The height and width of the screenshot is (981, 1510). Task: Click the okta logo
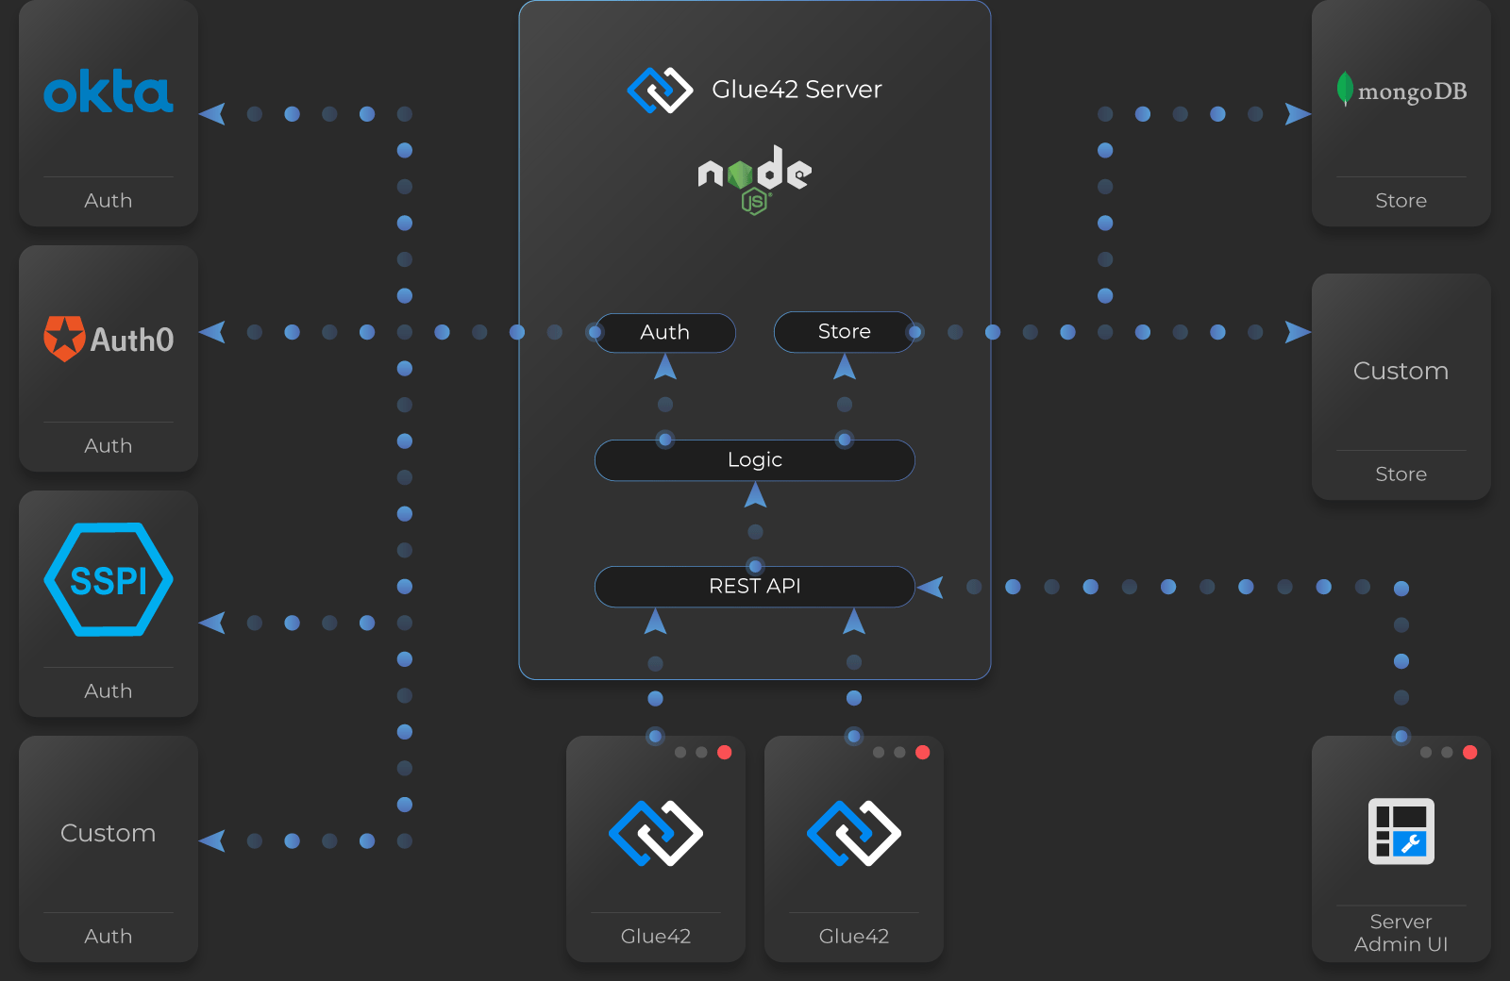pos(109,91)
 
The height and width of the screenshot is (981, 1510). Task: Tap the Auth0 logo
pos(109,339)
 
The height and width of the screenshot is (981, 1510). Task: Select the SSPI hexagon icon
pos(109,579)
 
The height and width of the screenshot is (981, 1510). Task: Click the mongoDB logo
pos(1401,89)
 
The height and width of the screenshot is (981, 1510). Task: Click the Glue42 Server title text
pos(797,89)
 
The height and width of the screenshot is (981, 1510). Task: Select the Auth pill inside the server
pos(664,332)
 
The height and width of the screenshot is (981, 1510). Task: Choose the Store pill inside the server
pos(844,331)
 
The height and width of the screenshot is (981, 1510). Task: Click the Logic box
pos(754,460)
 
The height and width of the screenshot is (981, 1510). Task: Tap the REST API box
pos(754,586)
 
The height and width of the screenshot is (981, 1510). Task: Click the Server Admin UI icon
pos(1401,831)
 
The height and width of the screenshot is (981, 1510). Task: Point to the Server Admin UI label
pos(1401,933)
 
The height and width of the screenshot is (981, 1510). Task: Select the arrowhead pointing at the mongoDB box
pos(1298,114)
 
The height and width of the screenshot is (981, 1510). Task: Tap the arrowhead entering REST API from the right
pos(930,587)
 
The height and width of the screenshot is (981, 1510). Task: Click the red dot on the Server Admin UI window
pos(1470,752)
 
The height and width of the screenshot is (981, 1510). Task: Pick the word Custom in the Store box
pos(1401,371)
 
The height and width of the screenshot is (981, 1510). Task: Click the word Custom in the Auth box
pos(109,833)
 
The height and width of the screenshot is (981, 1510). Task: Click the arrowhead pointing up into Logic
pos(755,495)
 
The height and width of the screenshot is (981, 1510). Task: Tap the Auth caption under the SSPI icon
pos(109,690)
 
